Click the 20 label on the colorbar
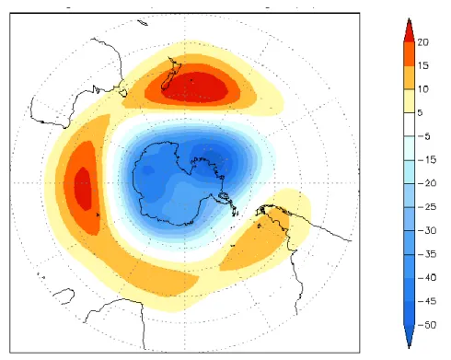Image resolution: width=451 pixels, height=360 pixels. [x=422, y=42]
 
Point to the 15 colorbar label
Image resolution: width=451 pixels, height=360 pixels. [x=422, y=65]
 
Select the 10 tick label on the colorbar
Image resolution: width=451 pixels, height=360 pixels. [x=422, y=89]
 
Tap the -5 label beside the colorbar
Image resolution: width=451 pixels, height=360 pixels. [x=424, y=136]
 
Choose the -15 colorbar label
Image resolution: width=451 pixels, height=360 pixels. [x=427, y=159]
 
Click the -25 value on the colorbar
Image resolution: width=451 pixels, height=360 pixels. [x=427, y=207]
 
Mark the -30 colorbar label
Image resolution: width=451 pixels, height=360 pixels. [x=427, y=230]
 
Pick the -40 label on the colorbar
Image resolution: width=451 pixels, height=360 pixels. [x=427, y=278]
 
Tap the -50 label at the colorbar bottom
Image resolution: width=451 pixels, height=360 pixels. [x=427, y=325]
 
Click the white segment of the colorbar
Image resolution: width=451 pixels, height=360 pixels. [x=409, y=124]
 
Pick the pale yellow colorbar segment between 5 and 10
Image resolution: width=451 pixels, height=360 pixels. [x=409, y=101]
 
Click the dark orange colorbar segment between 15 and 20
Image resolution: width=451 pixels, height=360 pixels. [x=409, y=53]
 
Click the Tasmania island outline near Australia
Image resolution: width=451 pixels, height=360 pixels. [x=122, y=93]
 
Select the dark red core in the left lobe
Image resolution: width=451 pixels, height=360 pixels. [x=83, y=189]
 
